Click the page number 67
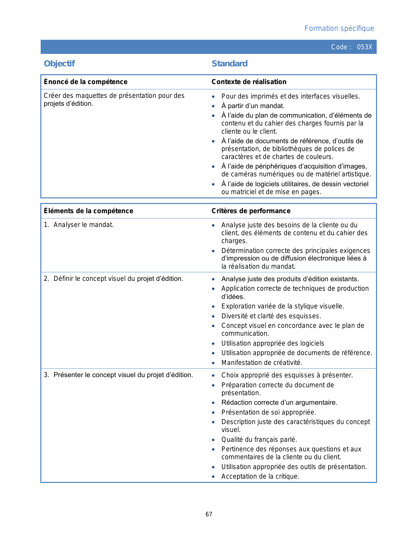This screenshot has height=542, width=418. coord(209,514)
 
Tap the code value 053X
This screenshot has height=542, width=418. coord(365,47)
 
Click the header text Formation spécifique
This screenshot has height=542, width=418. coord(339,29)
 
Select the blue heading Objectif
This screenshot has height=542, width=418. coord(59,64)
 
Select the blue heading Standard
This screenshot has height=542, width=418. coord(229,64)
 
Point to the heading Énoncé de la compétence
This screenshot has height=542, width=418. coord(86,82)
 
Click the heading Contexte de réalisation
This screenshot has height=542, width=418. coord(249,82)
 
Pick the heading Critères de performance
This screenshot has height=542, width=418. coord(251,211)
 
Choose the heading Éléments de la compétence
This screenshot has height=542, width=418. coord(89,211)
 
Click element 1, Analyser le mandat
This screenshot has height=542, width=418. coord(83,225)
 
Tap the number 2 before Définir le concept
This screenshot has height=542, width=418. coord(46,279)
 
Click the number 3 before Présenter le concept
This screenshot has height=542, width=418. coord(46,375)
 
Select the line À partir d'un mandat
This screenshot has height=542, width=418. coord(253,106)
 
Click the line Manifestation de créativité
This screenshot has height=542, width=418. coord(262,363)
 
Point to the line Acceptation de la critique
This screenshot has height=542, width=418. coord(260,476)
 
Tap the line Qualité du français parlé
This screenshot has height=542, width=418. coord(259,440)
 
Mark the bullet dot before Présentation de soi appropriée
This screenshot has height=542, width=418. coord(213,413)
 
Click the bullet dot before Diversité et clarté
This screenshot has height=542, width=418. coord(213,316)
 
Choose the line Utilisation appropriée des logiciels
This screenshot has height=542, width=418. coord(272,343)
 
